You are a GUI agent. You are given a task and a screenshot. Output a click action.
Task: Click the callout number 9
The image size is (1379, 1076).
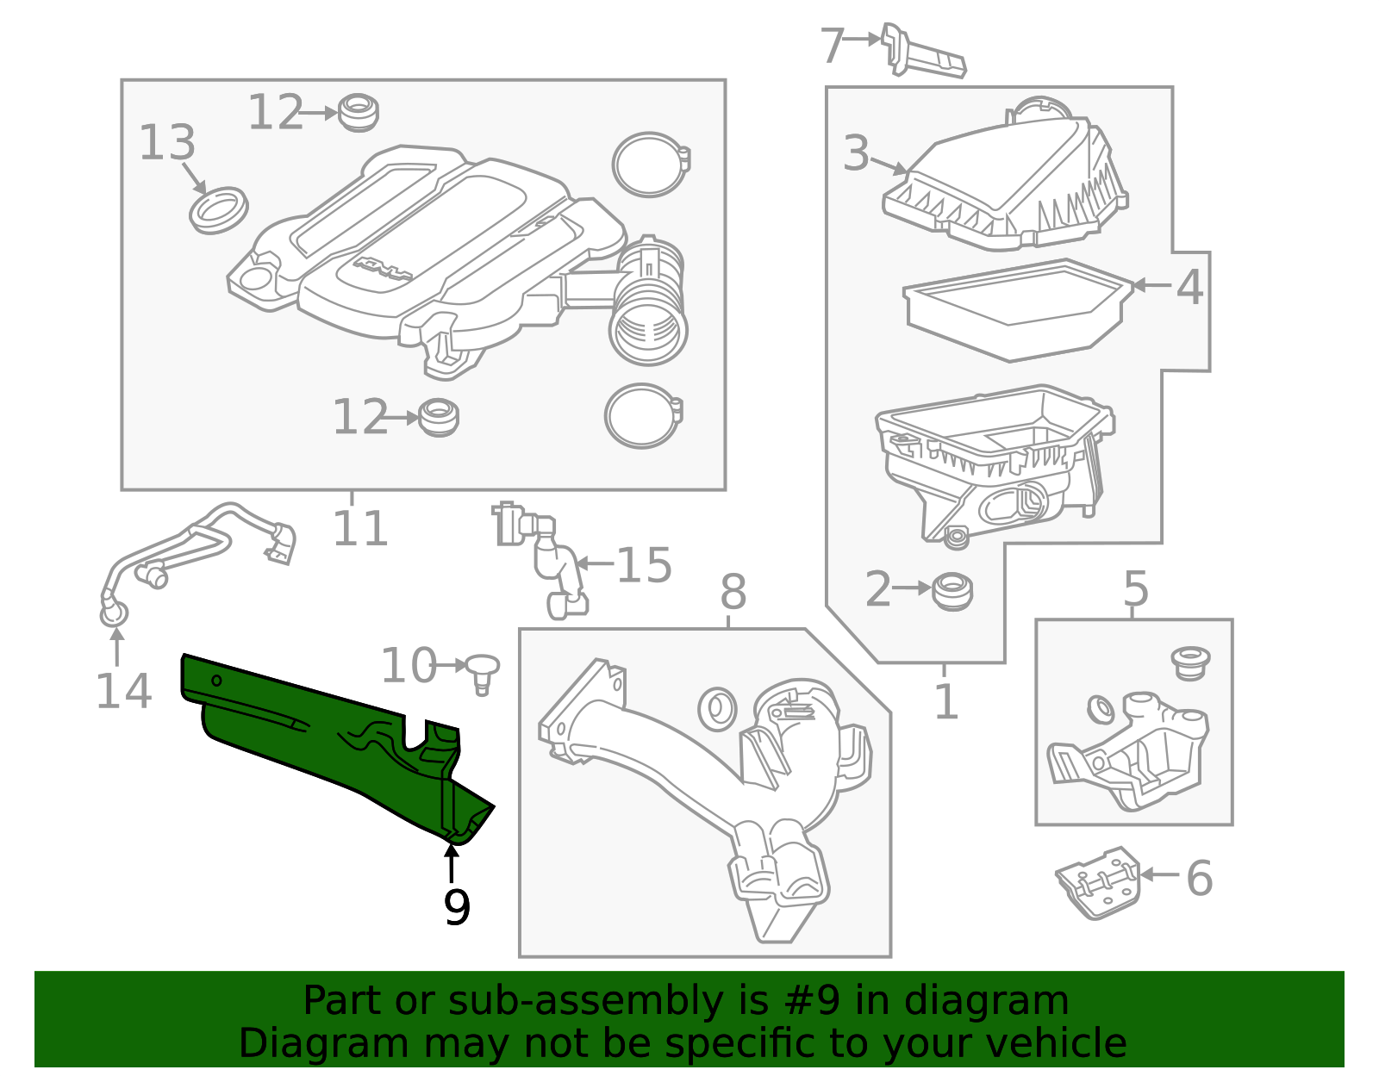[x=457, y=907]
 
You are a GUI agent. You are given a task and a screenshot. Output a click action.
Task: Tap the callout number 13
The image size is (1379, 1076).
[x=167, y=142]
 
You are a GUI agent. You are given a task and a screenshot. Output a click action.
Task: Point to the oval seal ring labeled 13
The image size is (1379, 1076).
[x=219, y=210]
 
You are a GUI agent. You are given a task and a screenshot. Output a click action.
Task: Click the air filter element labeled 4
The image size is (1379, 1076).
[x=1017, y=310]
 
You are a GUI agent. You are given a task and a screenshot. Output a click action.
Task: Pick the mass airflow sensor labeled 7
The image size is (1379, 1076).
[x=923, y=50]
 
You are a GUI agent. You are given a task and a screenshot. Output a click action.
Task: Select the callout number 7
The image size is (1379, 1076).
[x=833, y=45]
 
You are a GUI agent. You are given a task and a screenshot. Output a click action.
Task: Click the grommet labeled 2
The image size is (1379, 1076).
[x=952, y=592]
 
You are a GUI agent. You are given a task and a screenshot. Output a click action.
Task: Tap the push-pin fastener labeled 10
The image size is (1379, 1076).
[x=483, y=674]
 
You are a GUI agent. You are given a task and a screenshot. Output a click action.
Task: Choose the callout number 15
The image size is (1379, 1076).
[x=644, y=565]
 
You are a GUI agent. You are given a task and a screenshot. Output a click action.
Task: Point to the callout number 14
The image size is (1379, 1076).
[x=124, y=691]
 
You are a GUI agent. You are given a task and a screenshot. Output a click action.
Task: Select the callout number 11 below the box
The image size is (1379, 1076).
[x=359, y=528]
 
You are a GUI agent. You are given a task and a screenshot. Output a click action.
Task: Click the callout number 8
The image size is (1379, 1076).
[x=733, y=592]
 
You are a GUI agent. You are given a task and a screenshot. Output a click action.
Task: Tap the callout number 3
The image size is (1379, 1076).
[x=856, y=152]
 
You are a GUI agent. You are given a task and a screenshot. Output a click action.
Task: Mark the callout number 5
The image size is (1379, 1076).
[x=1136, y=588]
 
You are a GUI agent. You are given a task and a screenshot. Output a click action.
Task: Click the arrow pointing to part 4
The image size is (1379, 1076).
[x=1151, y=285]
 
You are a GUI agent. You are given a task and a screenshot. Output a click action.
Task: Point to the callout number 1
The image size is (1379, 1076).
[x=946, y=701]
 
